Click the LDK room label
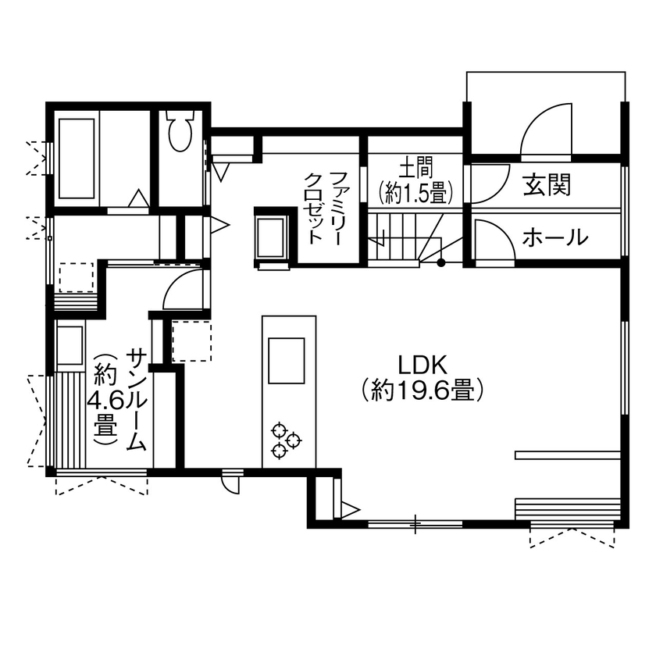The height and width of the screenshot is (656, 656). [422, 365]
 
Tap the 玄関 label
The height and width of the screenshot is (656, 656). [547, 185]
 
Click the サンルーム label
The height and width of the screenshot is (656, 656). [136, 399]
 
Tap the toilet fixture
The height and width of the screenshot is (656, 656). [180, 130]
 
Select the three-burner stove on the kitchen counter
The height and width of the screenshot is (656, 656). [284, 440]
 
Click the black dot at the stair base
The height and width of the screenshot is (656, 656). [441, 262]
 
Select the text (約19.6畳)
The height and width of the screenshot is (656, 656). [422, 390]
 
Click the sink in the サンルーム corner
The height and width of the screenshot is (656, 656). [71, 344]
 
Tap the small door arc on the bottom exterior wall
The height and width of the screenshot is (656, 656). [230, 483]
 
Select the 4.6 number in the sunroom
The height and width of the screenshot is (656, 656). [105, 402]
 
